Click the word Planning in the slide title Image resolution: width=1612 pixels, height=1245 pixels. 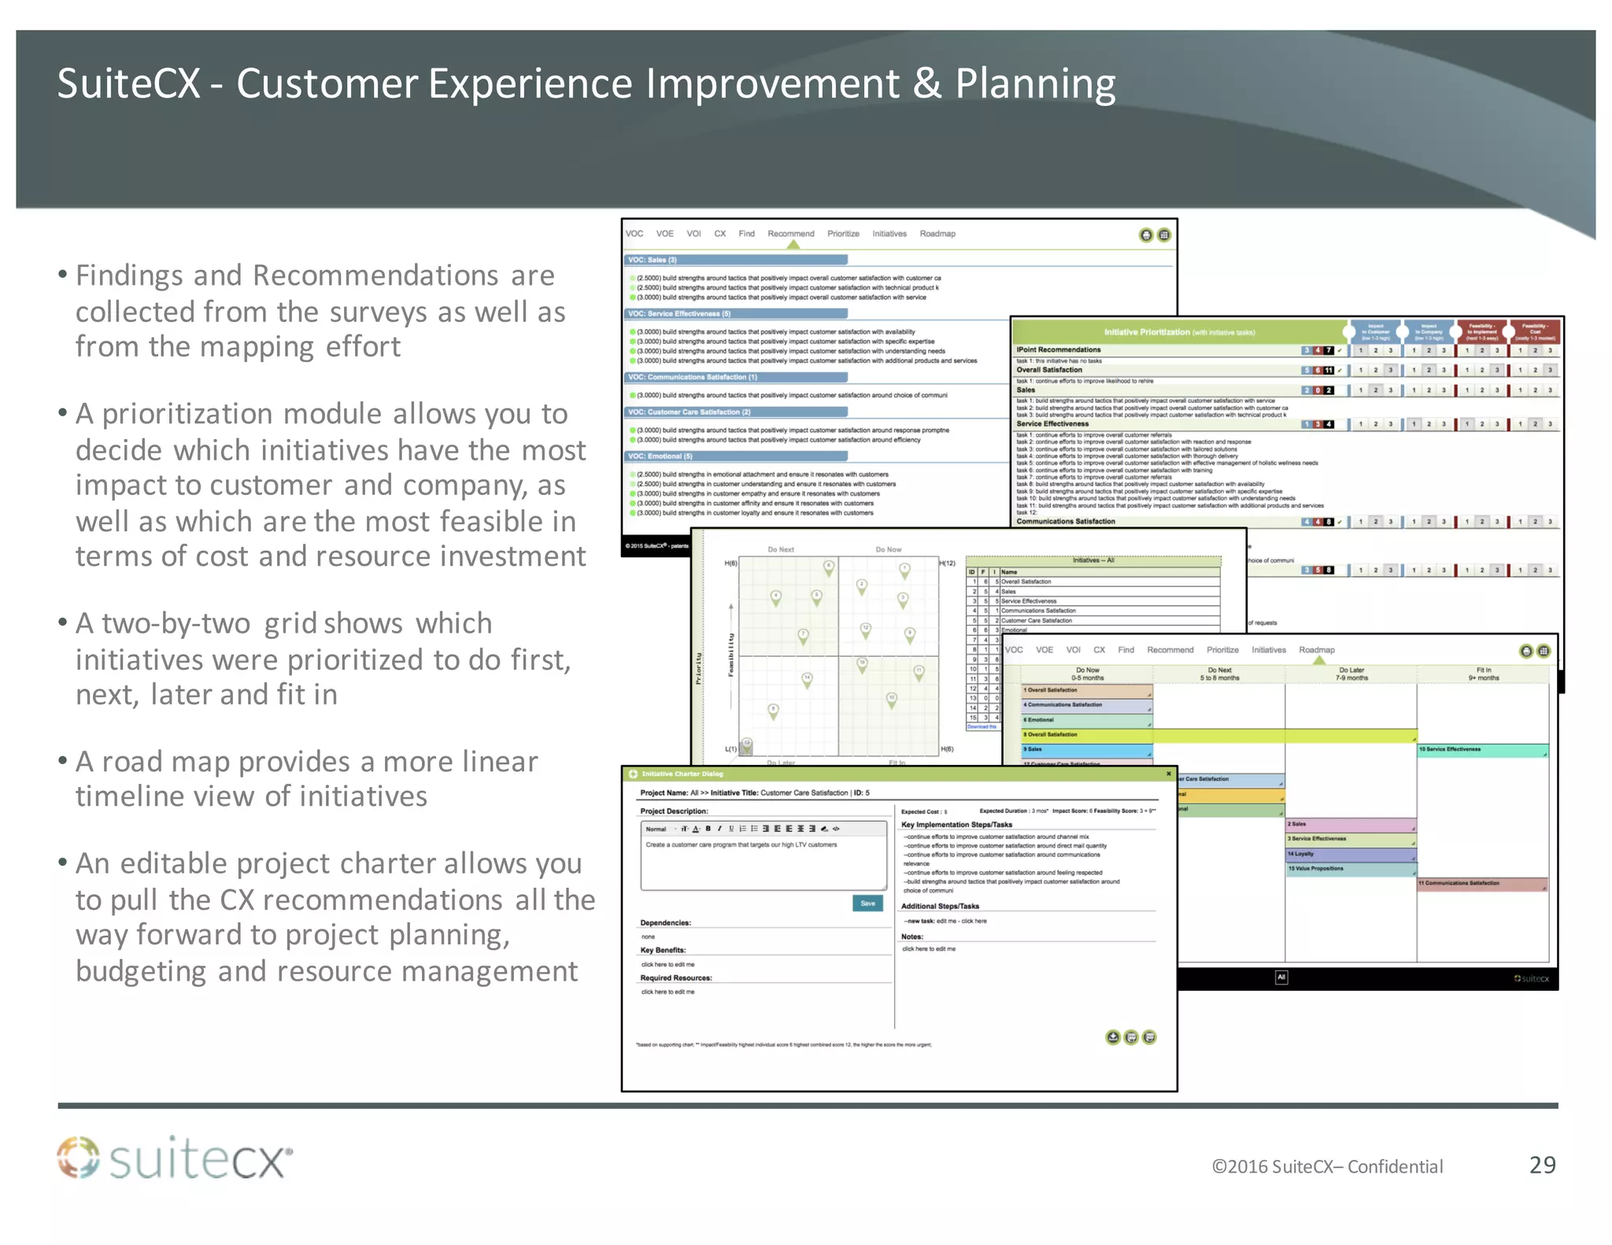coord(1034,83)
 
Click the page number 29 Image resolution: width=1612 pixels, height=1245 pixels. coord(1541,1165)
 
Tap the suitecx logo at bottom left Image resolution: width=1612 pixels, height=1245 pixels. coord(174,1158)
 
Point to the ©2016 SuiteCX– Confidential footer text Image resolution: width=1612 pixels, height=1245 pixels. coord(1327,1166)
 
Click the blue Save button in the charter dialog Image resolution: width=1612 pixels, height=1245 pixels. coord(867,903)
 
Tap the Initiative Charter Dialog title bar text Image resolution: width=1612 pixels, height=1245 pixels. coord(682,774)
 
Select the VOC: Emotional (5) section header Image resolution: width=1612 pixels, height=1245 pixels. coord(660,456)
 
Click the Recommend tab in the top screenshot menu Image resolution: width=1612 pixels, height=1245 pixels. coord(790,234)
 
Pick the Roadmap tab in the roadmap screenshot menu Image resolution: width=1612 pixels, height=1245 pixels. coord(1316,650)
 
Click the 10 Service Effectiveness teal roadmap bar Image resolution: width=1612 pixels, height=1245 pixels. coord(1481,749)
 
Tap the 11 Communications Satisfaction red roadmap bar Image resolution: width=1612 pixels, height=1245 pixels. coord(1481,883)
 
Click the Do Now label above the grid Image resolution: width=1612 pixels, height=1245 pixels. coord(888,549)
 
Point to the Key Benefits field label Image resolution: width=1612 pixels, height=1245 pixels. coord(663,950)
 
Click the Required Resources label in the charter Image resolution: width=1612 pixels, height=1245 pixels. coord(675,977)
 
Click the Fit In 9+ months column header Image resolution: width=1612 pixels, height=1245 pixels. coord(1483,674)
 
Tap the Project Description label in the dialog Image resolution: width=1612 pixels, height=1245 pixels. coord(674,811)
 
